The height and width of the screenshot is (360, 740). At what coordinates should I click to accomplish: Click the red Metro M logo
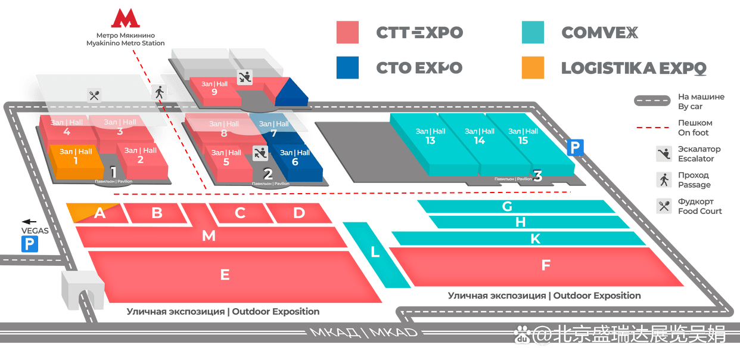click(x=125, y=18)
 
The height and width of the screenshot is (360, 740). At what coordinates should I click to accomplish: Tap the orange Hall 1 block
click(x=77, y=162)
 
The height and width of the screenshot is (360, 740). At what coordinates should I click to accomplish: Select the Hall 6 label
click(x=295, y=157)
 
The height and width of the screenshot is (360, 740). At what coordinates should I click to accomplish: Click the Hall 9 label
click(x=214, y=88)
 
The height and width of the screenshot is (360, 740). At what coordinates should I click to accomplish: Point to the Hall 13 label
click(x=430, y=136)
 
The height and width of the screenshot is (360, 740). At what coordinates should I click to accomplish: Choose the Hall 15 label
click(x=523, y=136)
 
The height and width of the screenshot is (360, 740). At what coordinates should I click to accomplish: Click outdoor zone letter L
click(x=375, y=252)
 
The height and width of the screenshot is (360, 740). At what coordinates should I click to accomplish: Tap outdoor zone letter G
click(x=507, y=206)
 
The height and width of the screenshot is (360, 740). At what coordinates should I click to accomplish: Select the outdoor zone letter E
click(x=225, y=275)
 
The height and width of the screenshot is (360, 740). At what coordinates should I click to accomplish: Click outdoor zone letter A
click(x=100, y=213)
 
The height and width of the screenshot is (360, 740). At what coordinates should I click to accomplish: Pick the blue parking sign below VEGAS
click(x=30, y=244)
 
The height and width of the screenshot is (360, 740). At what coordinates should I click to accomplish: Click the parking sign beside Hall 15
click(x=575, y=147)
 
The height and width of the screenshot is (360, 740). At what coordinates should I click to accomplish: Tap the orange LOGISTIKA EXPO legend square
click(x=533, y=68)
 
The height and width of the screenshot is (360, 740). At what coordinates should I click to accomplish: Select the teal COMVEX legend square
click(x=533, y=32)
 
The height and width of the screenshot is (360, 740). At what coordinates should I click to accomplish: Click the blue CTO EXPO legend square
click(x=347, y=68)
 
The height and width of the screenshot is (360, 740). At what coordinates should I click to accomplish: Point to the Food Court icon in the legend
click(x=664, y=206)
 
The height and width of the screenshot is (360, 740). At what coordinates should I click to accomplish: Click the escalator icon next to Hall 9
click(x=245, y=77)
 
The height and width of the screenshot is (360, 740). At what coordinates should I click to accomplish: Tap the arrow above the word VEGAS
click(x=29, y=222)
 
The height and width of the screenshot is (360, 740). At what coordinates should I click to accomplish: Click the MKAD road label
click(x=363, y=332)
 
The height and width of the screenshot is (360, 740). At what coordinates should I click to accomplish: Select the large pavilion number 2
click(x=268, y=174)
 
